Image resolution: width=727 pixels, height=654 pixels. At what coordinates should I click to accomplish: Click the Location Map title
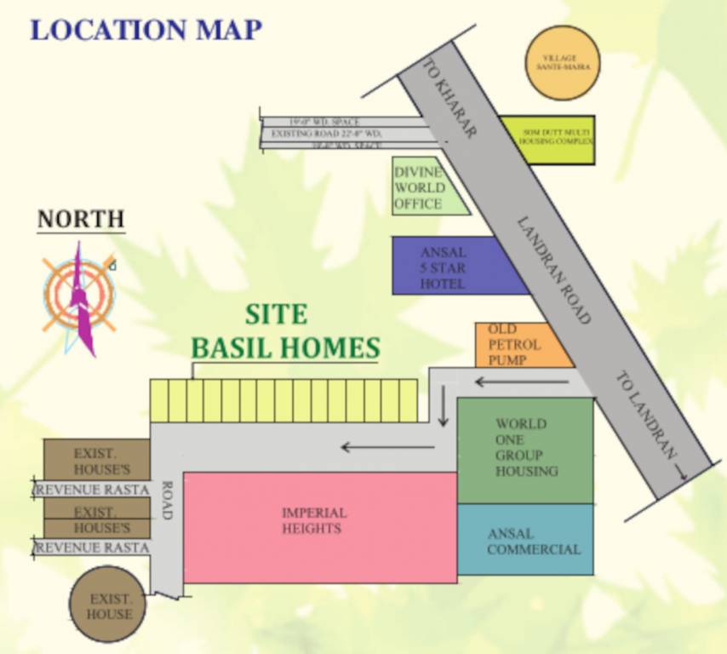click(x=146, y=29)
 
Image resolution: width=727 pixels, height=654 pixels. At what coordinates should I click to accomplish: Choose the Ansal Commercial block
click(x=525, y=540)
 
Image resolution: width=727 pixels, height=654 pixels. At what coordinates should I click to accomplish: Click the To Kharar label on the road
click(x=449, y=99)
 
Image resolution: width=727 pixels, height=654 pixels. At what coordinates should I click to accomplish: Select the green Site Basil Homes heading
click(x=284, y=332)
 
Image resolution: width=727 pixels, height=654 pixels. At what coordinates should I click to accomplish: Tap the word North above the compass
click(x=81, y=219)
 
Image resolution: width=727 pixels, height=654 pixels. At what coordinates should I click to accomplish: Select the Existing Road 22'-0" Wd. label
click(x=326, y=134)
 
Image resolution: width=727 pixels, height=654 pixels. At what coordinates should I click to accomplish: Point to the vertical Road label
click(x=166, y=502)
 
